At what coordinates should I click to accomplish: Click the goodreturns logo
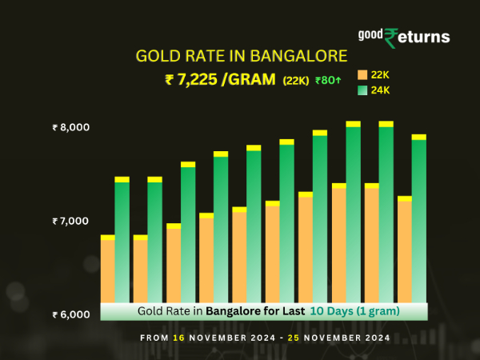[x=403, y=37]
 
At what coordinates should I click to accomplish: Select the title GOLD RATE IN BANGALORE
[x=242, y=57]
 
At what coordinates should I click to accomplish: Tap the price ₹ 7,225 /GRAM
[x=216, y=79]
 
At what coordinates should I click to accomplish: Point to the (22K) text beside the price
[x=296, y=80]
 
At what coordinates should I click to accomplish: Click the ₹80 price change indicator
[x=329, y=80]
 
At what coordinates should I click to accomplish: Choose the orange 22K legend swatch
[x=362, y=75]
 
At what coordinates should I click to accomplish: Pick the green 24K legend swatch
[x=362, y=90]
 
